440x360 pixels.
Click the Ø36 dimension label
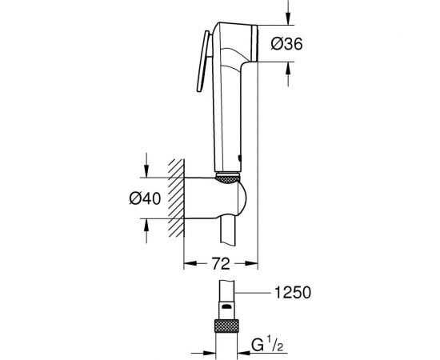point(310,46)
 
